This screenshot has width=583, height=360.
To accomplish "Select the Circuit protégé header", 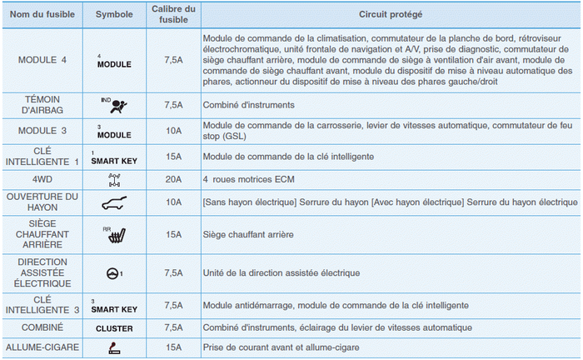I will pyautogui.click(x=390, y=15).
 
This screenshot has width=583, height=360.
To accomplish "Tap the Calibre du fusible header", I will pyautogui.click(x=173, y=15).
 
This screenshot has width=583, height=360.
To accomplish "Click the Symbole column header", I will pyautogui.click(x=114, y=15).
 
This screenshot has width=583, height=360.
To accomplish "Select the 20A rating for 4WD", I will pyautogui.click(x=173, y=179).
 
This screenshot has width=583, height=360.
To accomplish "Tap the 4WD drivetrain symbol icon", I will pyautogui.click(x=115, y=179).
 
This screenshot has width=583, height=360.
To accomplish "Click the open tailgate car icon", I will pyautogui.click(x=115, y=202).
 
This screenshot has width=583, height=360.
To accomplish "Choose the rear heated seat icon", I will pyautogui.click(x=115, y=236).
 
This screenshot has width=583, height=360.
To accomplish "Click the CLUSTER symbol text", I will pyautogui.click(x=115, y=328).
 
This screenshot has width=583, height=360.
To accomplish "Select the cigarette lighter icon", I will pyautogui.click(x=115, y=347).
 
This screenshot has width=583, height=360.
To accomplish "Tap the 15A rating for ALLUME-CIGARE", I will pyautogui.click(x=173, y=347).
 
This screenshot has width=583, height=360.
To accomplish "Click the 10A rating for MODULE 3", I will pyautogui.click(x=173, y=130).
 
